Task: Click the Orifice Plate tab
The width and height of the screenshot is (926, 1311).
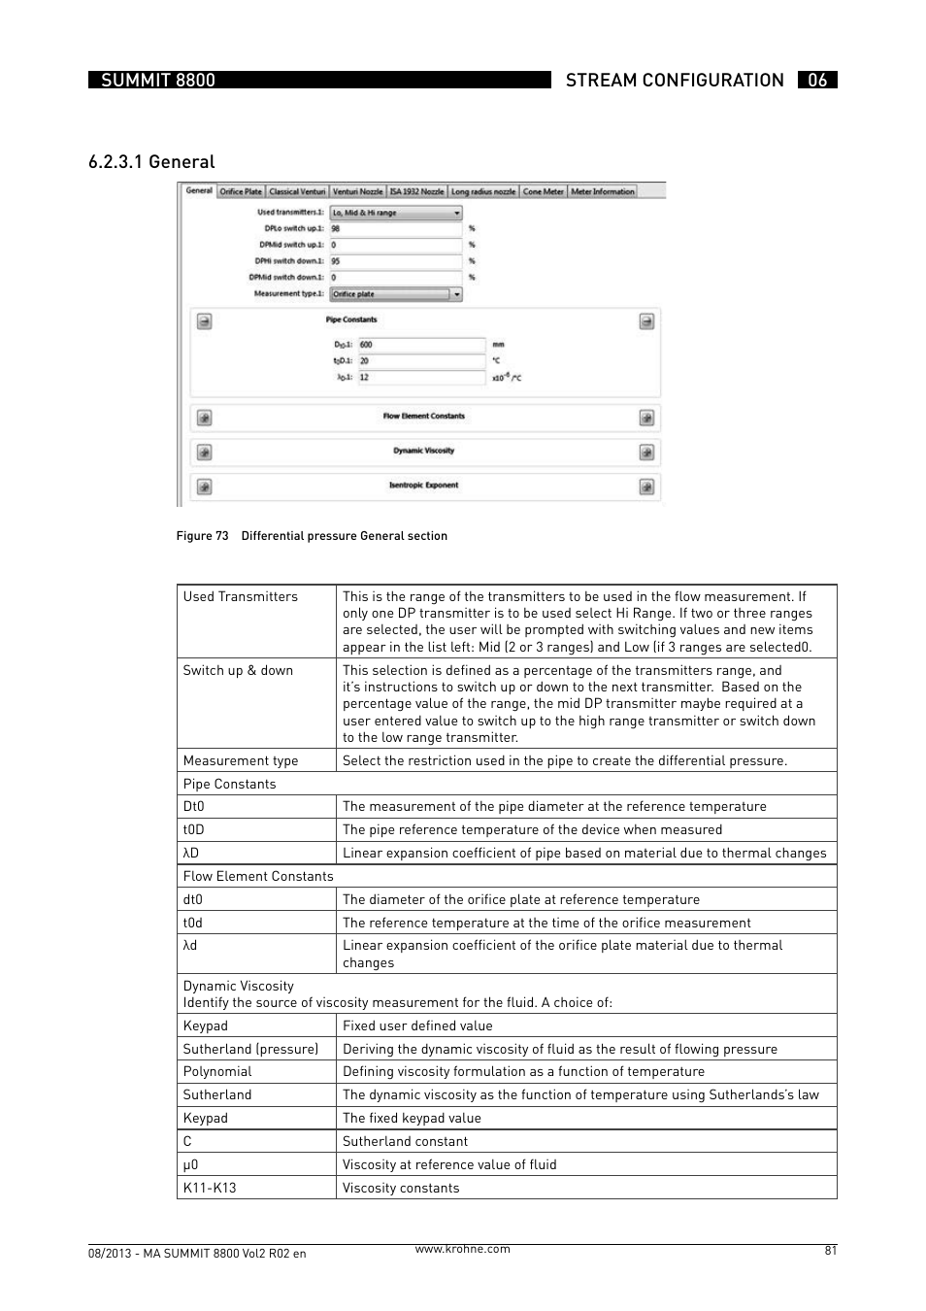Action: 240,192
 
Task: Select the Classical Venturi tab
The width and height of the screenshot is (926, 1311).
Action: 297,192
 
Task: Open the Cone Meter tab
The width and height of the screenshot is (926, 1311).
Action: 543,192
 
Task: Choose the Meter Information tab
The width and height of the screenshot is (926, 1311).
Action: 602,192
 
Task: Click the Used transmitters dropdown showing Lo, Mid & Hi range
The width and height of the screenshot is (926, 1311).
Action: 395,213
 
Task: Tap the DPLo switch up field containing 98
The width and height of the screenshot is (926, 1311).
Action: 395,229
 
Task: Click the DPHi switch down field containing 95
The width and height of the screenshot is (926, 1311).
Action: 395,261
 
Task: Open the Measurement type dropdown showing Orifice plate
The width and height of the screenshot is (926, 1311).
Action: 395,294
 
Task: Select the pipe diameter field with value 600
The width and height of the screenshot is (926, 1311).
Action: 420,345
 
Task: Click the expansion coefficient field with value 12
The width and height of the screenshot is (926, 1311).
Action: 420,378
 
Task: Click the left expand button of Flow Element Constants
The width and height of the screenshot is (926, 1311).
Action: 204,418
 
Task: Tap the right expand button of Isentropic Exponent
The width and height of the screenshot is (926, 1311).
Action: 646,487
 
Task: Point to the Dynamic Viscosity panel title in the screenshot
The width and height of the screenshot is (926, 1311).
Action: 423,451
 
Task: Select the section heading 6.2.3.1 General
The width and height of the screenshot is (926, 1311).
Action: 151,162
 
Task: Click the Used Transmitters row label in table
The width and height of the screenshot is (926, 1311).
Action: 241,597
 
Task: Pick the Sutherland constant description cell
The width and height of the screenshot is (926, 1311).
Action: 405,1141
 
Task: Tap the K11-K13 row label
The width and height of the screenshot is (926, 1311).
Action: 210,1188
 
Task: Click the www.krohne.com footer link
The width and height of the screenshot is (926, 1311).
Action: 462,1249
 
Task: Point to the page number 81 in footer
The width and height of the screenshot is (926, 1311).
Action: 830,1251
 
